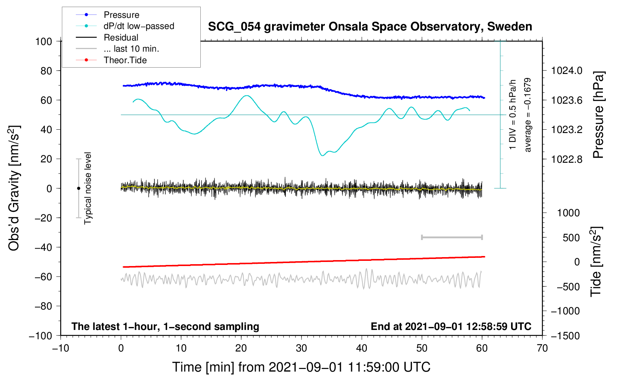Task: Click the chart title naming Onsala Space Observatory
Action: [370, 27]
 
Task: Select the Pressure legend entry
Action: [121, 15]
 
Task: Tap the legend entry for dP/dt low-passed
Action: [139, 26]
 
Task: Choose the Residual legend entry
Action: [121, 38]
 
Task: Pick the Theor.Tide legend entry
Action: [125, 60]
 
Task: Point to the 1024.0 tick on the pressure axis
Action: [566, 71]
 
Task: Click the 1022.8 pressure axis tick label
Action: [566, 159]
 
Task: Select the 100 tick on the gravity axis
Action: [43, 41]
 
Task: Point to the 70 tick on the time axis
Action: [542, 348]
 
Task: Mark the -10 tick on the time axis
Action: [61, 348]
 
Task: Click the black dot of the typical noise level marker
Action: [78, 188]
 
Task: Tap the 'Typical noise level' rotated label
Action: [88, 188]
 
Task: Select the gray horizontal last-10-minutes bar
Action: [452, 237]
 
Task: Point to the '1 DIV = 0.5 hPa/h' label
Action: [513, 114]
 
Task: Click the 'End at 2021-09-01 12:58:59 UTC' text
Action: [451, 327]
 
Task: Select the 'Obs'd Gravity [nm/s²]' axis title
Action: [14, 188]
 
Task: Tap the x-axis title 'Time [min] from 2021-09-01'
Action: [301, 367]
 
